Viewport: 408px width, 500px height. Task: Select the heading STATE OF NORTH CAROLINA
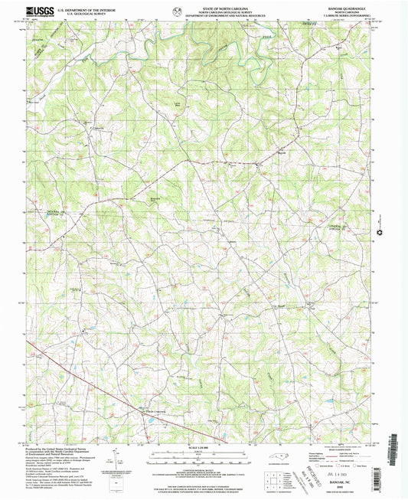pos(204,6)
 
